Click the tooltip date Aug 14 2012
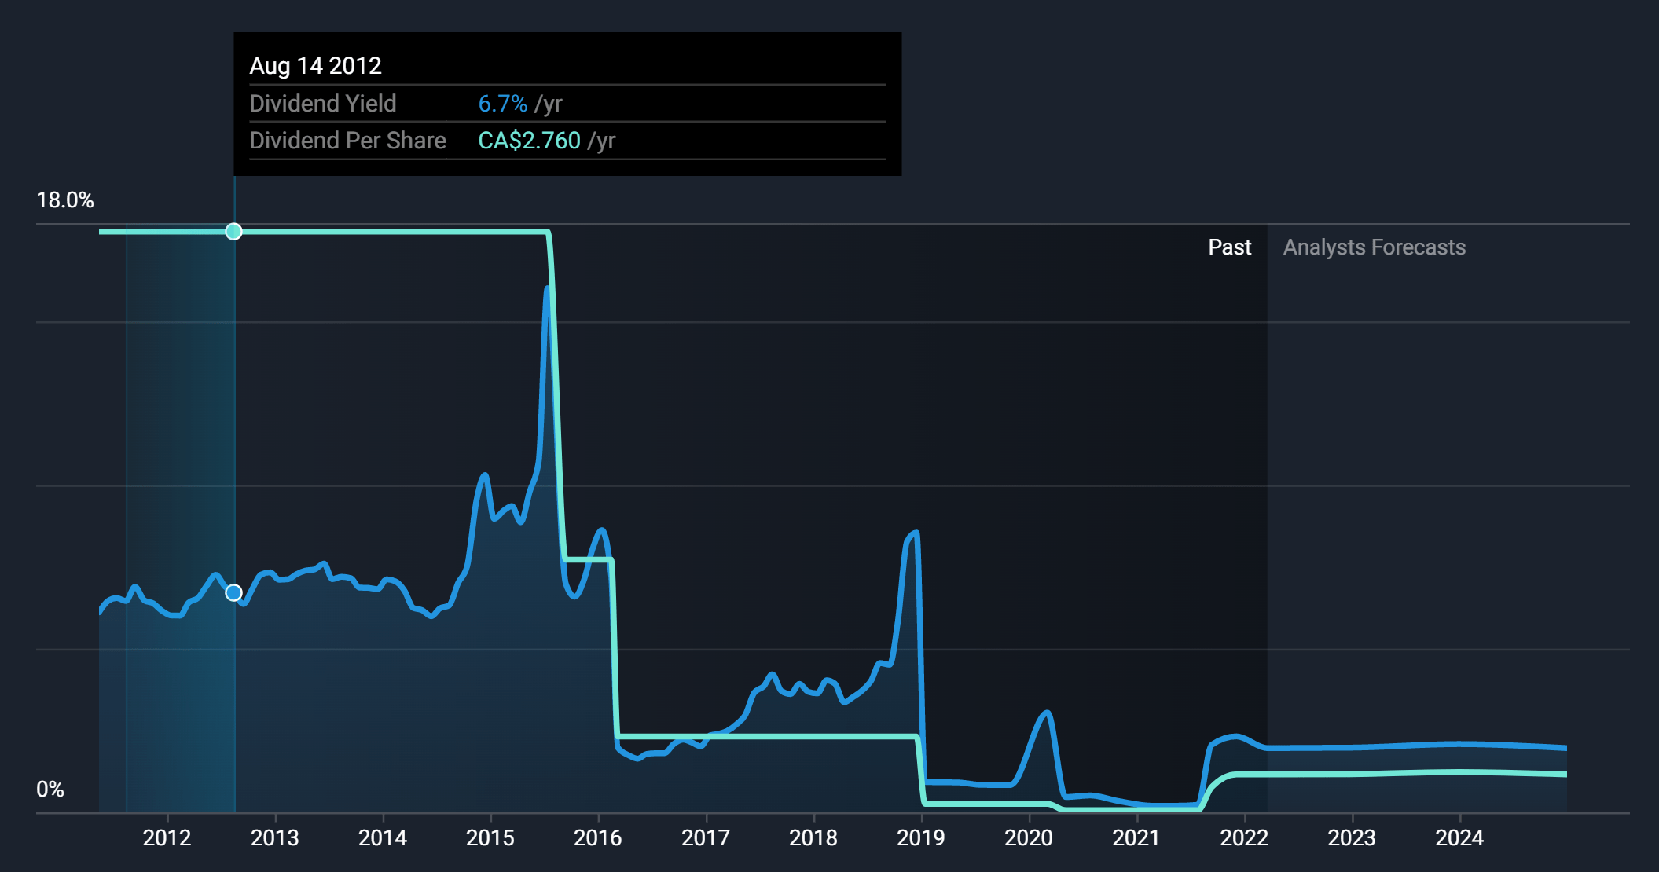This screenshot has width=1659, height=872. coord(315,66)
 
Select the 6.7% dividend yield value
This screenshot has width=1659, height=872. coord(503,104)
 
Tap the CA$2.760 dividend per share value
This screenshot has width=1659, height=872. coord(529,141)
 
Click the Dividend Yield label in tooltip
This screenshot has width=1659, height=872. coord(323,104)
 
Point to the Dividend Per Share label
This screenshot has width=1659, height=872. coord(347,141)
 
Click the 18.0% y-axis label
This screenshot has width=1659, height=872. coord(65,200)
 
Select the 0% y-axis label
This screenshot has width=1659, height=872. coord(50,790)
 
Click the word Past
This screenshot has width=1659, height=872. coord(1229,247)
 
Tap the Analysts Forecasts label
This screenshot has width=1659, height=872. coord(1374,247)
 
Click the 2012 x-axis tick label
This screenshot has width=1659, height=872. coord(167,838)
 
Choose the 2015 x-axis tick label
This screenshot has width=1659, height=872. coord(490,838)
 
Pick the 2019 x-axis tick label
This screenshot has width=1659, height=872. coord(920,838)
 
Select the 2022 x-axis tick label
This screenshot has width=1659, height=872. coord(1243,838)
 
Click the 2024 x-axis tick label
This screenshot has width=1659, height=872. coord(1459,838)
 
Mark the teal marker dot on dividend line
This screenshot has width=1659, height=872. coord(233,232)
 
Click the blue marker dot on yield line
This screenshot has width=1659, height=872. coord(233,593)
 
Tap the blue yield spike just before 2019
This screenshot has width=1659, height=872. coord(915,534)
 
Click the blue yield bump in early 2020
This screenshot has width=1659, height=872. coord(1046,713)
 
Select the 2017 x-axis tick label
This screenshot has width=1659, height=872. coord(705,838)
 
